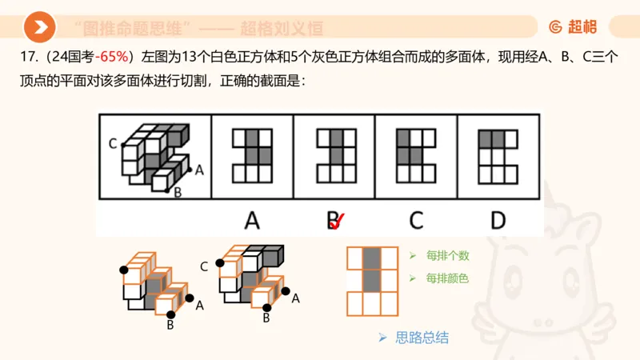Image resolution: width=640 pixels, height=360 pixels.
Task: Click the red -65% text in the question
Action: click(x=114, y=57)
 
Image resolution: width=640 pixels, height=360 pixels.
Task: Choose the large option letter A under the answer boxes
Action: click(x=252, y=220)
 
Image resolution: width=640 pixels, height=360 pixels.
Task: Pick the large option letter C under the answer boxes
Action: click(x=415, y=220)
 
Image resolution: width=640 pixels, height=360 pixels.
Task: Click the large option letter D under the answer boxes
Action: click(x=498, y=220)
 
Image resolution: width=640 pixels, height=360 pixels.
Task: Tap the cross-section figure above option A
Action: click(x=252, y=155)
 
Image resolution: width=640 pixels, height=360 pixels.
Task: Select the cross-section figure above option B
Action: click(x=334, y=155)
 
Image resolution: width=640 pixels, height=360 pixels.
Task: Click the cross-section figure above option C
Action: click(x=415, y=155)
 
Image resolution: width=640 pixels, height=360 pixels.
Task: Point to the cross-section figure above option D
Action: click(x=498, y=155)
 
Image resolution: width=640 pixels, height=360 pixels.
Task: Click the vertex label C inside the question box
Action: click(x=113, y=144)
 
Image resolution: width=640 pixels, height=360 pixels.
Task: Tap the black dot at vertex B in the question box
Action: click(x=166, y=190)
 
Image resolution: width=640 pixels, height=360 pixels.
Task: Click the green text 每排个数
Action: click(x=447, y=256)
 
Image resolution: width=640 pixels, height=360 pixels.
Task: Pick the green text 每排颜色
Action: click(x=447, y=278)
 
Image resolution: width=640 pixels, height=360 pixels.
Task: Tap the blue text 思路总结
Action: click(x=422, y=337)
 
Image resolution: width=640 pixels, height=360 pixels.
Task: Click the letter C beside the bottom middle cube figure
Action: click(x=204, y=266)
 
